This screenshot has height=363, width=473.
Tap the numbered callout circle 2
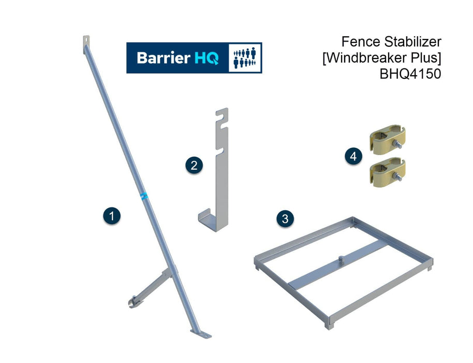pyautogui.click(x=194, y=165)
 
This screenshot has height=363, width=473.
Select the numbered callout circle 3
pyautogui.click(x=285, y=218)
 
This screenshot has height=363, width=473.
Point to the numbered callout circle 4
pyautogui.click(x=353, y=157)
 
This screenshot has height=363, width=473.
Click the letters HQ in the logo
pyautogui.click(x=207, y=58)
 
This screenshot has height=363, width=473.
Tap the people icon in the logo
pyautogui.click(x=244, y=58)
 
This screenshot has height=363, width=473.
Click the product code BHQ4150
pyautogui.click(x=410, y=74)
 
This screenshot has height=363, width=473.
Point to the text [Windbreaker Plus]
pyautogui.click(x=381, y=58)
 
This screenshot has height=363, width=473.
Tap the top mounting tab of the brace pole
pyautogui.click(x=86, y=41)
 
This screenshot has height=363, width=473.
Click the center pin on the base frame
pyautogui.click(x=341, y=258)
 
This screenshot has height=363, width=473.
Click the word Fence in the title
pyautogui.click(x=358, y=41)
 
